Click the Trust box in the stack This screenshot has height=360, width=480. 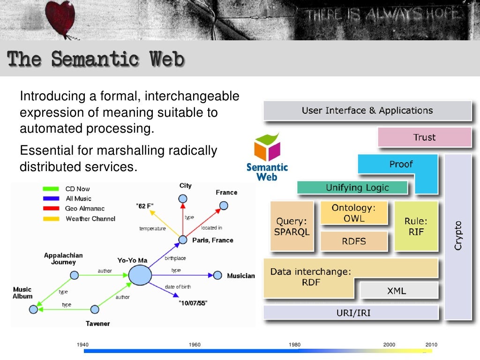[x=424, y=137]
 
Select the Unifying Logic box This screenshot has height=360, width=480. [x=352, y=187]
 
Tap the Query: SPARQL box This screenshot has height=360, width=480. [x=292, y=226]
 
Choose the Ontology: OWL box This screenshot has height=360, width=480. [x=354, y=213]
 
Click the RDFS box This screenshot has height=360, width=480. [x=354, y=241]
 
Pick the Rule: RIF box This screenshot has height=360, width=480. [x=416, y=226]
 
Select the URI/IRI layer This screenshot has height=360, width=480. [x=351, y=312]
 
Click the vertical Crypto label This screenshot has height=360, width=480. [x=458, y=235]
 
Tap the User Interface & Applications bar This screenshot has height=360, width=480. [x=367, y=111]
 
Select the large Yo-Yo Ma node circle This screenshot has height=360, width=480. [x=140, y=275]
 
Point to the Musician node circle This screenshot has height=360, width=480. [x=217, y=276]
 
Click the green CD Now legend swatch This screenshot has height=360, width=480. [x=51, y=189]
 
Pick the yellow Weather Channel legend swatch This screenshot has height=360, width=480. [x=51, y=218]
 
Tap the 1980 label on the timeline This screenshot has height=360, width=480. [x=295, y=345]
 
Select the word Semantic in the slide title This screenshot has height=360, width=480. [x=95, y=60]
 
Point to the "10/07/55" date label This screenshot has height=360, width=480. [x=193, y=303]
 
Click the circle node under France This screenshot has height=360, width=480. [x=224, y=205]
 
